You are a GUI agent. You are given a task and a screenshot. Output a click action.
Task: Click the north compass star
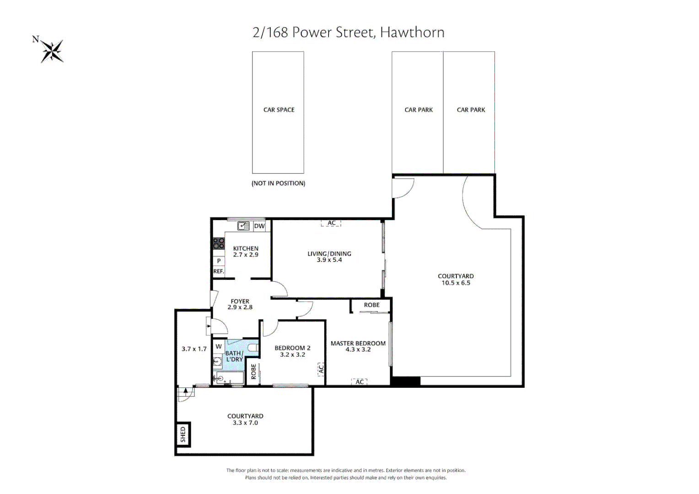click(52, 51)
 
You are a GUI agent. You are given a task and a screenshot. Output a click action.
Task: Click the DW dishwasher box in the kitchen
click(259, 226)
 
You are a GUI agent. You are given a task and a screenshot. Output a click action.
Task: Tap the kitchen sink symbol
click(243, 226)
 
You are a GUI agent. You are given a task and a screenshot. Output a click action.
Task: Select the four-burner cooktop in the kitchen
click(219, 243)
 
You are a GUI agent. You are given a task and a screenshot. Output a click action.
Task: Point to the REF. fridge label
click(219, 272)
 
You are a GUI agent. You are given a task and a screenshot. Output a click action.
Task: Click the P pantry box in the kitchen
click(219, 261)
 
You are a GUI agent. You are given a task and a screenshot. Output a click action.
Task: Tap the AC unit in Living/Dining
click(331, 223)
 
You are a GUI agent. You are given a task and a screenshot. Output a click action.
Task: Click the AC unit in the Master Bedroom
click(360, 381)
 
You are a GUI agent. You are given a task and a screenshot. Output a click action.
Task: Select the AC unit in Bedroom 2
click(321, 369)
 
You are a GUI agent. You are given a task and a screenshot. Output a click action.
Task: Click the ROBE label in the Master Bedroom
click(371, 305)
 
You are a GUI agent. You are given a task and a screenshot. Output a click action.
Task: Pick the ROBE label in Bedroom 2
click(253, 371)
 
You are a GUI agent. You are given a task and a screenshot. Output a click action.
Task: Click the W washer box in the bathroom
click(219, 346)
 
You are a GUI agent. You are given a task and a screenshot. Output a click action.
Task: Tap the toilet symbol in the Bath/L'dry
click(253, 347)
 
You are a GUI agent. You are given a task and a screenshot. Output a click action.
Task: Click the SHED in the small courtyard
click(183, 435)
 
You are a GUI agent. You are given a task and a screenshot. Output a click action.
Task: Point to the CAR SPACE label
click(279, 110)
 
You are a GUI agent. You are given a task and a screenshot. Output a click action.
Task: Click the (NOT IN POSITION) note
click(278, 183)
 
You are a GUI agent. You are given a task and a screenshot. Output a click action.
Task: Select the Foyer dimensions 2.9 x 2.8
click(240, 307)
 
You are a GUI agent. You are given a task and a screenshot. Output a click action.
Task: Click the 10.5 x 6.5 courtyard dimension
click(456, 283)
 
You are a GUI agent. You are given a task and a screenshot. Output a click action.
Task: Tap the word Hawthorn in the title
click(412, 32)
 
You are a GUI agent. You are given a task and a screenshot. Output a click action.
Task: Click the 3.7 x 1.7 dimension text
click(194, 349)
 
